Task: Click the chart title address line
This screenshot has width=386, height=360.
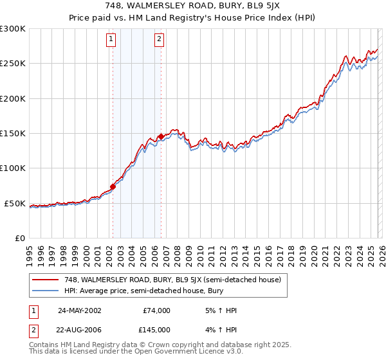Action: pyautogui.click(x=192, y=6)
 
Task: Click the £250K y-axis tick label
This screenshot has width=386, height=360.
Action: pyautogui.click(x=13, y=64)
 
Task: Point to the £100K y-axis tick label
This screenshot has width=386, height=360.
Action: pyautogui.click(x=13, y=168)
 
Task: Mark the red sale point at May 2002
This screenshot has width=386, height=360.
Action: pyautogui.click(x=113, y=186)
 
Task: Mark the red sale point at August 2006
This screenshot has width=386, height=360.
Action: pyautogui.click(x=161, y=136)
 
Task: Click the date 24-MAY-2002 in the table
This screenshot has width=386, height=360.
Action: pyautogui.click(x=79, y=310)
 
